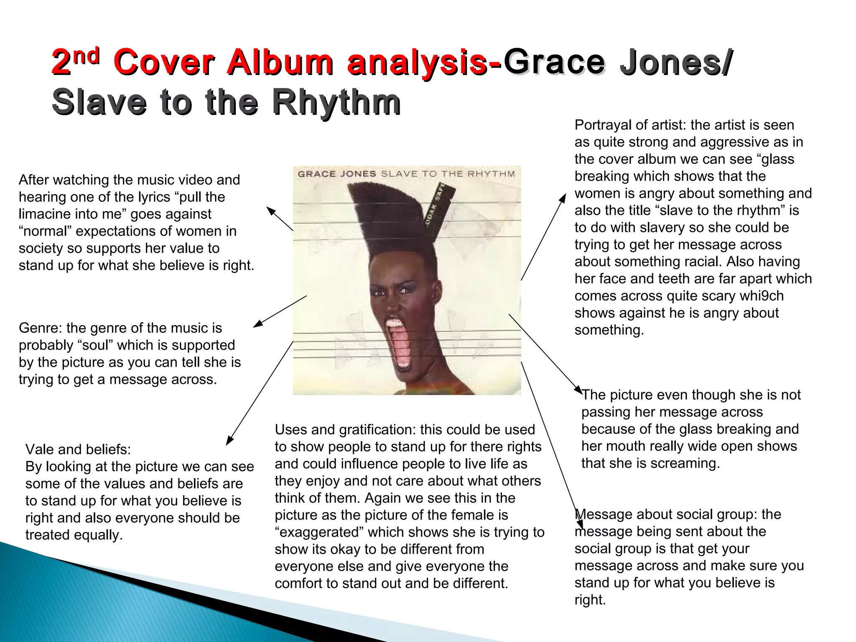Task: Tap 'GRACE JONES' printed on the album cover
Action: coord(337,174)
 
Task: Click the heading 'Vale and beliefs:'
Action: coord(78,449)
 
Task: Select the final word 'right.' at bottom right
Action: coord(590,600)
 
